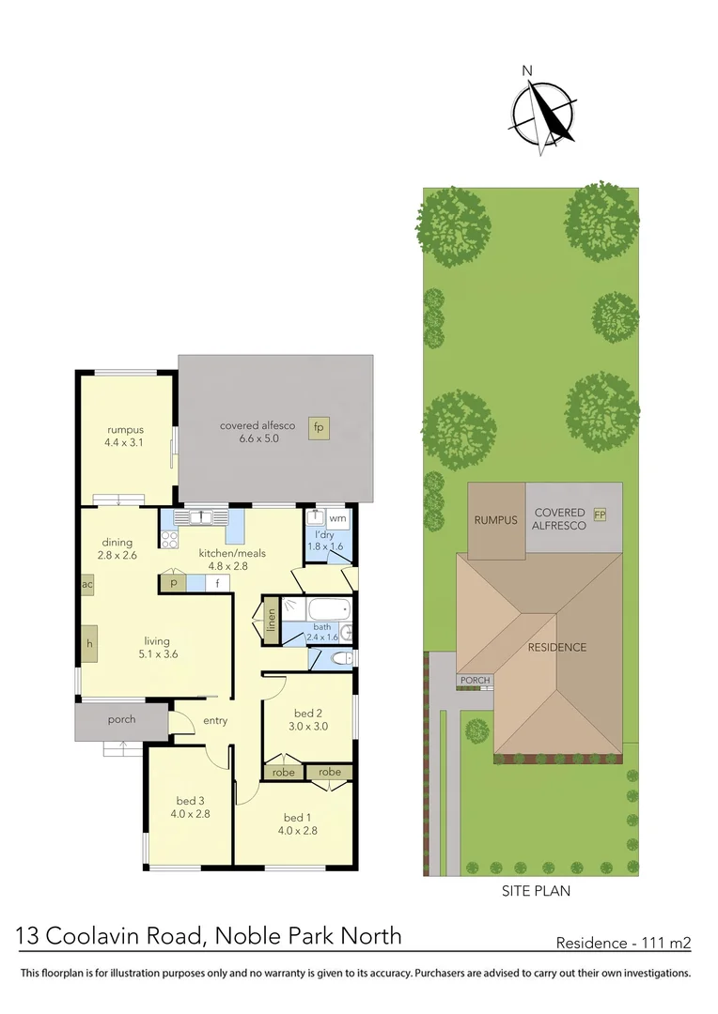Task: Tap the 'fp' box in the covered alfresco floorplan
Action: click(319, 427)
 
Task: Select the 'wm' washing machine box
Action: click(337, 518)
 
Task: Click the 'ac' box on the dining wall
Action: click(86, 583)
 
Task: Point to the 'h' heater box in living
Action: click(87, 644)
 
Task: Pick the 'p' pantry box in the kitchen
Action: click(173, 583)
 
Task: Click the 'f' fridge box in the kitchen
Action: click(217, 583)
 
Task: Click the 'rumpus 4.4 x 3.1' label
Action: click(123, 437)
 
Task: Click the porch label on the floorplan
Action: click(121, 720)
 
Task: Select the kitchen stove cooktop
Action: click(170, 539)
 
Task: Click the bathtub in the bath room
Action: click(320, 607)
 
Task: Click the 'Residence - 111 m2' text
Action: click(623, 942)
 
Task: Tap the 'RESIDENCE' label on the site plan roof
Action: click(556, 647)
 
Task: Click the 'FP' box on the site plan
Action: click(600, 515)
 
